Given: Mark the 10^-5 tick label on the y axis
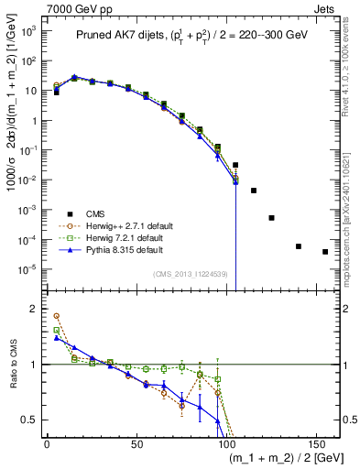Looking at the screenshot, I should [x=28, y=269].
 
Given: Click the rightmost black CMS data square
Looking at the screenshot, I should [x=325, y=252].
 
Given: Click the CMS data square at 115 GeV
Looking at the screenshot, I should [x=254, y=191].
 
